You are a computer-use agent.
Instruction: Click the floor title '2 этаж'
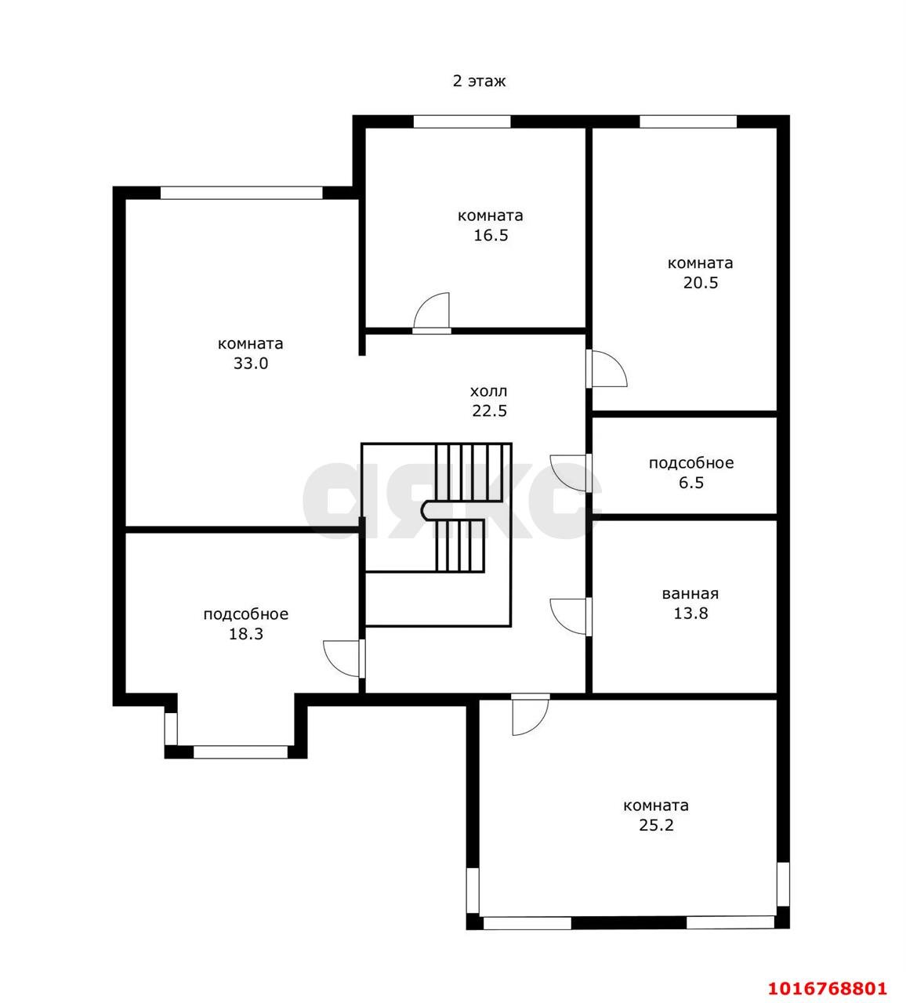479,81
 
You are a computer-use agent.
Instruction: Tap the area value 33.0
251,364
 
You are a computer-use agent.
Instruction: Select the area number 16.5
491,235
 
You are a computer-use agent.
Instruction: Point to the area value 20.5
701,283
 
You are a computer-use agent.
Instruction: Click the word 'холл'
489,391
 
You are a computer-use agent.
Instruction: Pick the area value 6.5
691,483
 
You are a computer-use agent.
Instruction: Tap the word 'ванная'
690,593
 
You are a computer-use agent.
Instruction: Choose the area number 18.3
245,634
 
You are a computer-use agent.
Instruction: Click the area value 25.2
656,825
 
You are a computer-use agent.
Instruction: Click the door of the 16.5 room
432,313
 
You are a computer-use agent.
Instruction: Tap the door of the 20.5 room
607,369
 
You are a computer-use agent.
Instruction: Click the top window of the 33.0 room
241,193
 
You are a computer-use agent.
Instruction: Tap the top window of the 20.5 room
688,121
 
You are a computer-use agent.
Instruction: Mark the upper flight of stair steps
469,472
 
